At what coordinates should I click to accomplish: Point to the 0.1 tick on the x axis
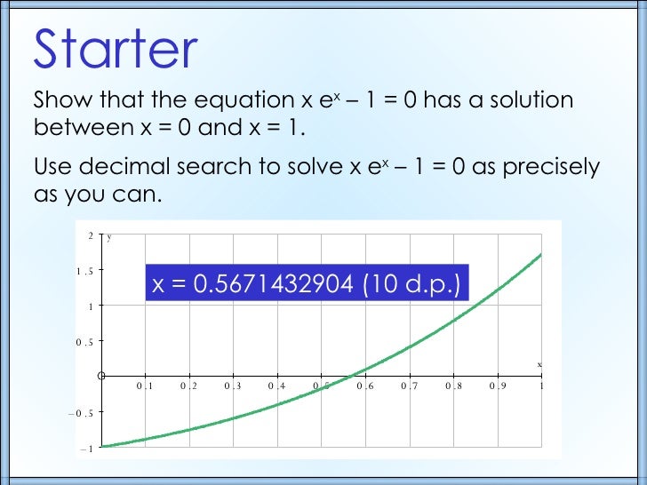point(145,386)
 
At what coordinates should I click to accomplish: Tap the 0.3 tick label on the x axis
point(233,386)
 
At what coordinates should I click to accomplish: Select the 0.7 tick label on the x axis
point(409,386)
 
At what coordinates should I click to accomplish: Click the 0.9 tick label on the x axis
point(497,386)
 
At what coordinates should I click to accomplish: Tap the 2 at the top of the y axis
point(91,235)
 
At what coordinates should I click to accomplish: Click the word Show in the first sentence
point(60,101)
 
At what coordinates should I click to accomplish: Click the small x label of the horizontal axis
point(539,364)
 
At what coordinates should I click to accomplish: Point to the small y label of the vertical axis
point(109,237)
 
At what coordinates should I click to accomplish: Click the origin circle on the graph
point(101,376)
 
